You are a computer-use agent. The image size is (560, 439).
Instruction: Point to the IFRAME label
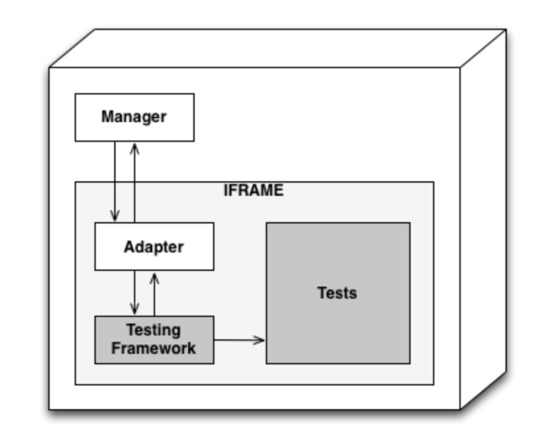[253, 190]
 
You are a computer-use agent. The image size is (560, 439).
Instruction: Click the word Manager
[134, 116]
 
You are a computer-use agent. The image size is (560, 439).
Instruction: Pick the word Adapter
[153, 246]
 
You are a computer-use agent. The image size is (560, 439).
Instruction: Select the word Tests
[337, 293]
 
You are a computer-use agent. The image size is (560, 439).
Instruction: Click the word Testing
[153, 330]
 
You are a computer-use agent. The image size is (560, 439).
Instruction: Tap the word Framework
[153, 349]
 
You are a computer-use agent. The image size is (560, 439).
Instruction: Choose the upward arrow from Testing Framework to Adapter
[155, 296]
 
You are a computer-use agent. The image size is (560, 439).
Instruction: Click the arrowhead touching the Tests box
[260, 339]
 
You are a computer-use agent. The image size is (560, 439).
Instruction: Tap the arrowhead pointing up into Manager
[134, 148]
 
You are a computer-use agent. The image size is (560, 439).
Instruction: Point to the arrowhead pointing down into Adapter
[115, 216]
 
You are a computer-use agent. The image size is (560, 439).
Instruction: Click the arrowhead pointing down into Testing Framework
[135, 310]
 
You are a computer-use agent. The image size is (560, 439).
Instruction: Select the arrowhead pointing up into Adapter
[155, 277]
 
